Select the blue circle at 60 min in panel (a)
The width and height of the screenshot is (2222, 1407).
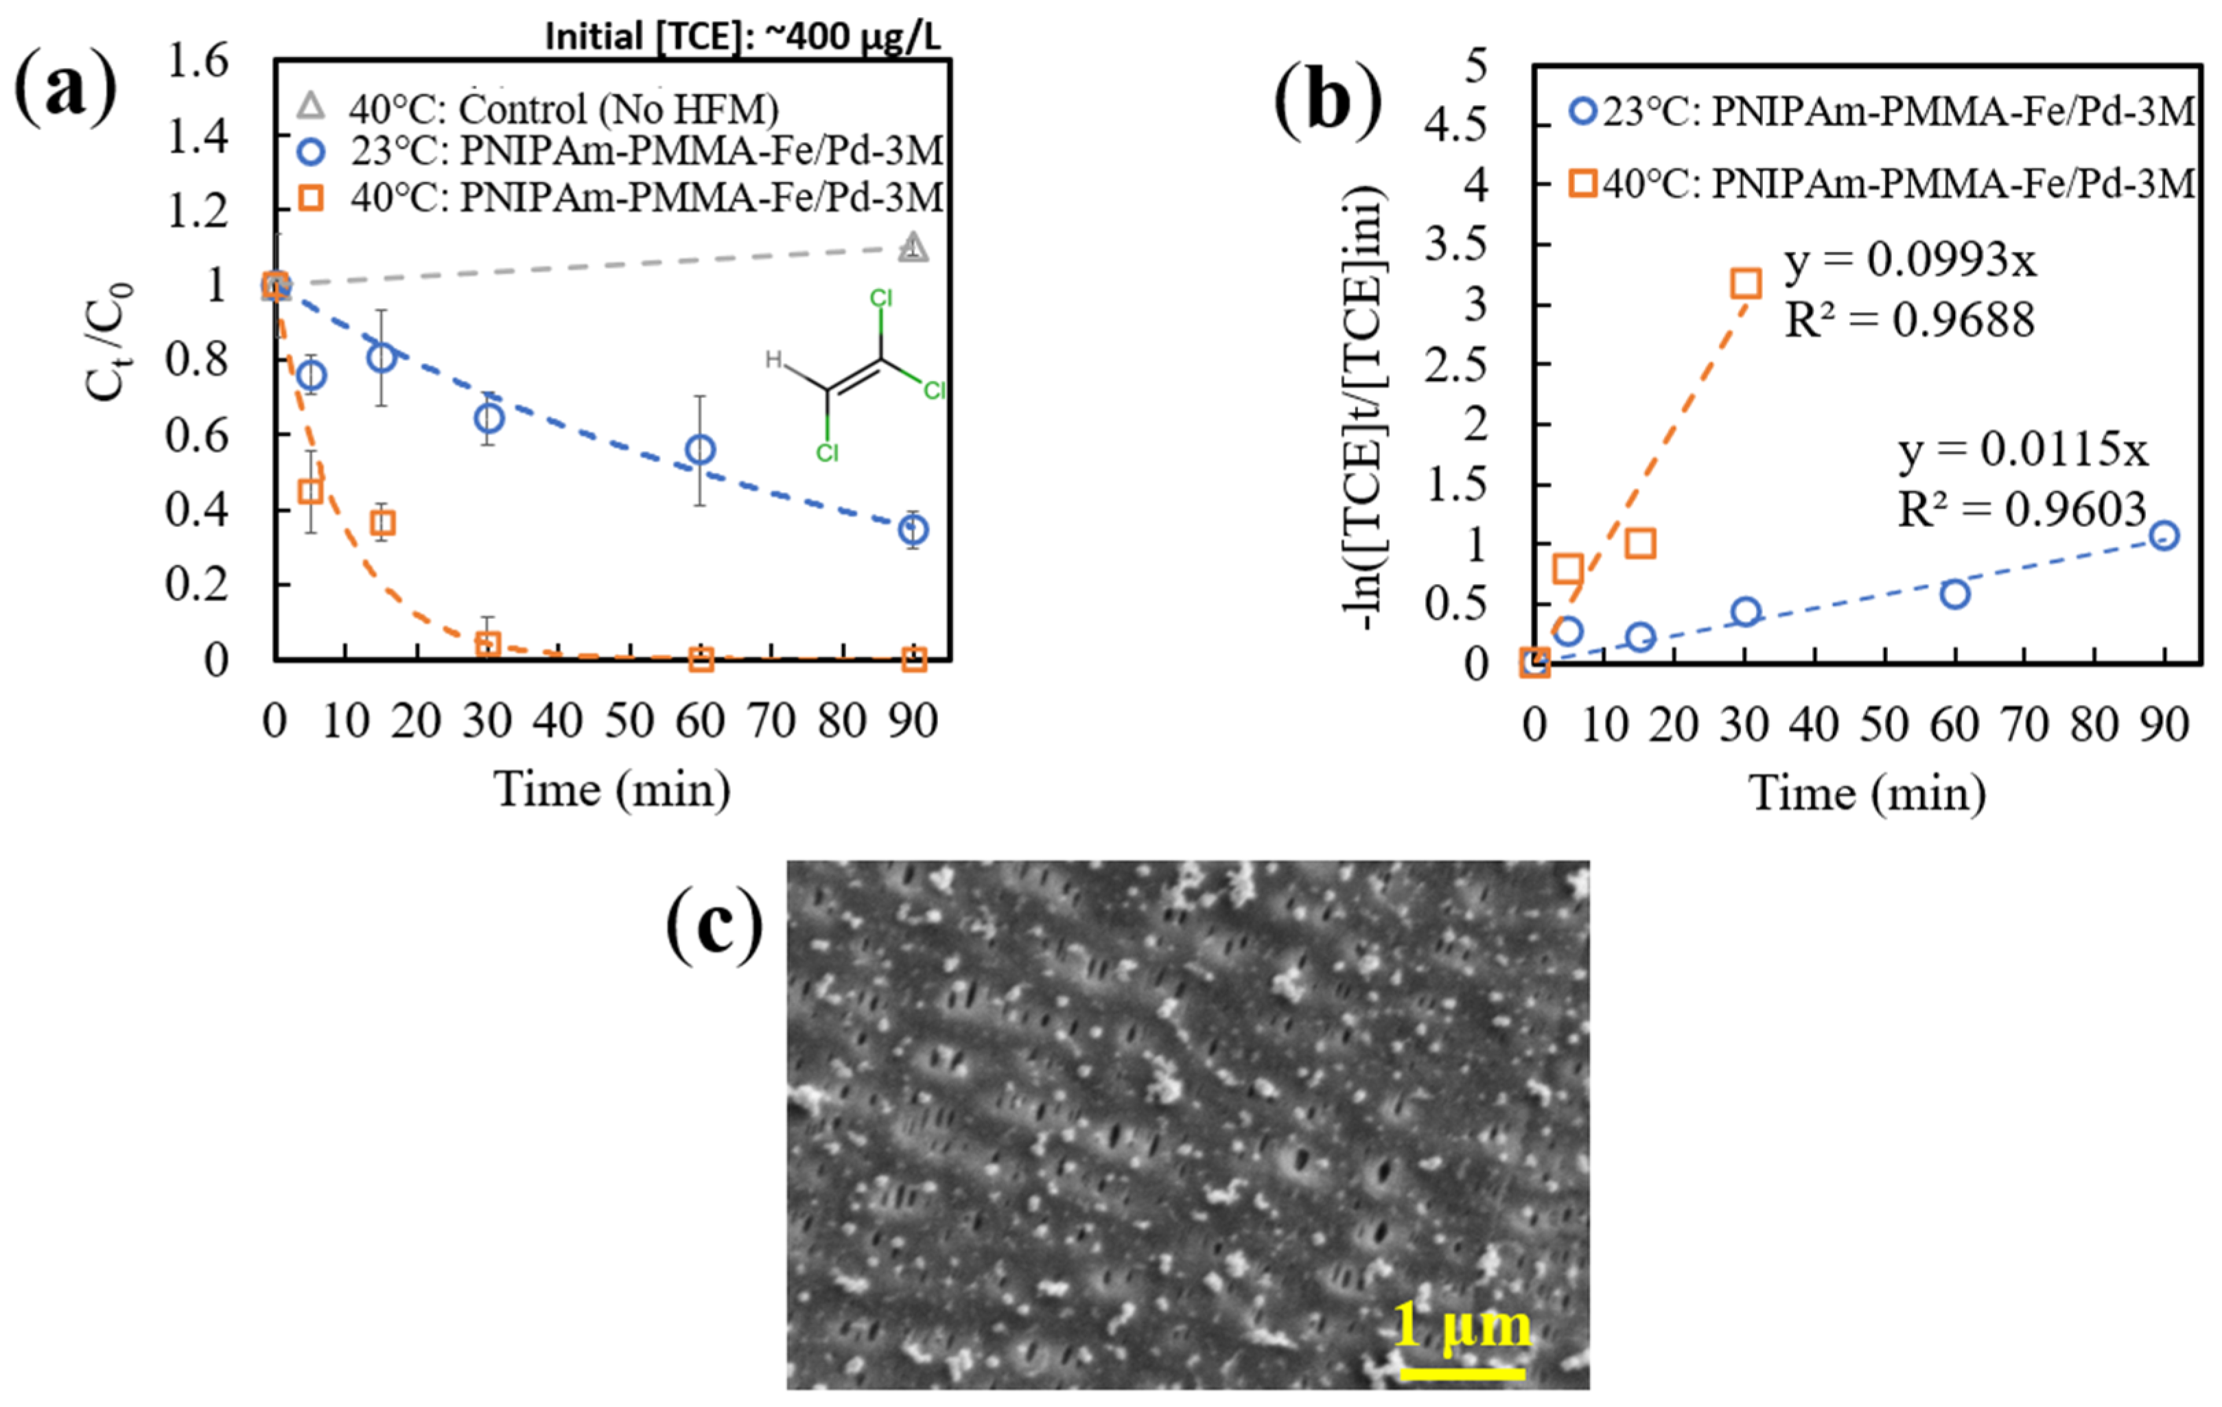pyautogui.click(x=701, y=450)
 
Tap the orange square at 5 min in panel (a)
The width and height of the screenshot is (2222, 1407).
pyautogui.click(x=311, y=491)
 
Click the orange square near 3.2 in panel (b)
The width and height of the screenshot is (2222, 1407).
pyautogui.click(x=1745, y=283)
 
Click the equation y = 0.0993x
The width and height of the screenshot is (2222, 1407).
pyautogui.click(x=1910, y=261)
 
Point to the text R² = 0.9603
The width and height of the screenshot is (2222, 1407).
pyautogui.click(x=2022, y=509)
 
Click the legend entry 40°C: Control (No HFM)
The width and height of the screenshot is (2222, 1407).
pyautogui.click(x=563, y=110)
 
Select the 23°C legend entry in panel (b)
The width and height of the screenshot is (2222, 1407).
pyautogui.click(x=1882, y=113)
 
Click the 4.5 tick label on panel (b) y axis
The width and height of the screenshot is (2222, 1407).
pyautogui.click(x=1456, y=126)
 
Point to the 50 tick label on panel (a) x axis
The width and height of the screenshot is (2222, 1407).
pyautogui.click(x=629, y=721)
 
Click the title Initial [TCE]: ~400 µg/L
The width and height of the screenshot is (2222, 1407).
pyautogui.click(x=742, y=38)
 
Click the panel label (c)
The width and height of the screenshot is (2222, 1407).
pyautogui.click(x=714, y=925)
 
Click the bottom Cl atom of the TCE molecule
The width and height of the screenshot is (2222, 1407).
pyautogui.click(x=827, y=453)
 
